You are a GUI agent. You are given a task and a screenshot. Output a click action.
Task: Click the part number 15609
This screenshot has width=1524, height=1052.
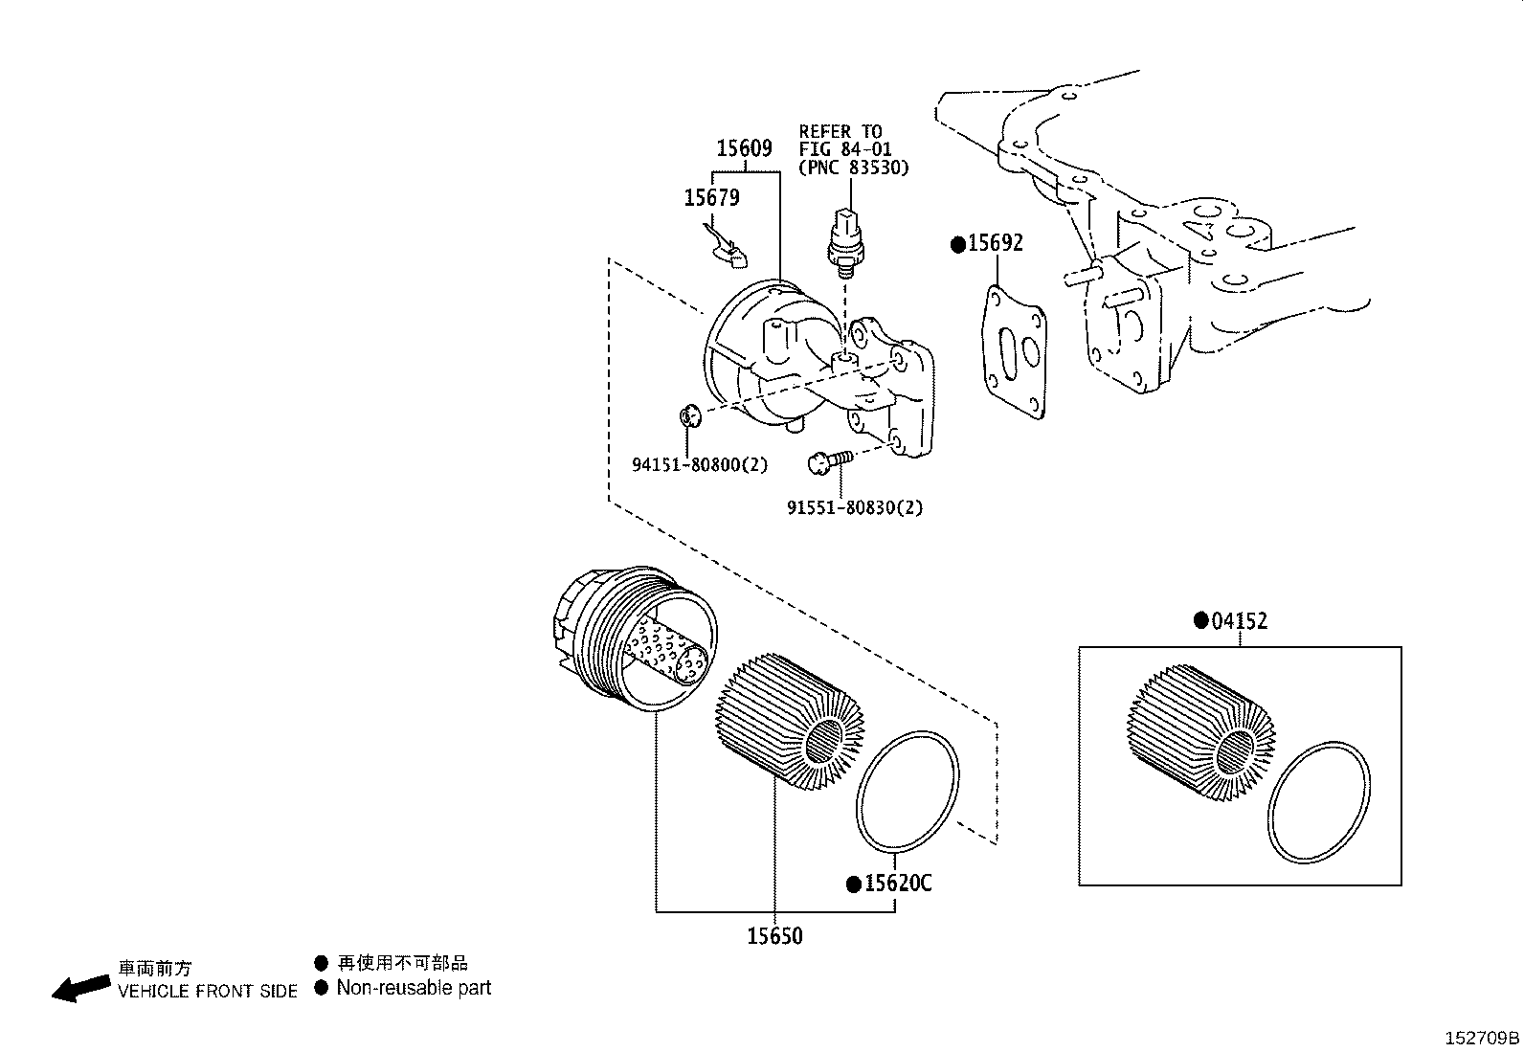point(745,148)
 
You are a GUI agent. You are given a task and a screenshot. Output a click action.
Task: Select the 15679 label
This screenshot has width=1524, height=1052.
point(711,197)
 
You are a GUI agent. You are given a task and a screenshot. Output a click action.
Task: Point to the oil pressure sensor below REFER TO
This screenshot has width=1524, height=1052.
point(842,239)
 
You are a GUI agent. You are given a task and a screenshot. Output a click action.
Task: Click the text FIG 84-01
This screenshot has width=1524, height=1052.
point(845,148)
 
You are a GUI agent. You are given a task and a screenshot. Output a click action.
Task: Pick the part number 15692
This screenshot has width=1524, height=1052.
point(995,243)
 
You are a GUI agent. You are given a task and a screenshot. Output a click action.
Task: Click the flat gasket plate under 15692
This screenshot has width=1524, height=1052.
point(1015,351)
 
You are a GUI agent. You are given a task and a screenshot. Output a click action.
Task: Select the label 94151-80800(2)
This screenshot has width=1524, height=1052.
point(700,465)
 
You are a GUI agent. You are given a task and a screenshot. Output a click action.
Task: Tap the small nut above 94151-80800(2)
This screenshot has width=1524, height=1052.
point(688,416)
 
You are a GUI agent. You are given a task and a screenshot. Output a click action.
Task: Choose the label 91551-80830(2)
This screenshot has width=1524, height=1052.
point(855,508)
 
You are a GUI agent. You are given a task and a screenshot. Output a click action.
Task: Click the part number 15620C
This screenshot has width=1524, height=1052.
point(897,883)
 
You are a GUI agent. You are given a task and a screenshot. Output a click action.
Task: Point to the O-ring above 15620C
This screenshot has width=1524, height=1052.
point(907,792)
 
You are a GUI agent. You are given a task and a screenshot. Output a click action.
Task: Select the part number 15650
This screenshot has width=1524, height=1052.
point(774,935)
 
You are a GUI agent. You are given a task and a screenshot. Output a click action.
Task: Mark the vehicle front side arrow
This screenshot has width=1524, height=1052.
point(79,987)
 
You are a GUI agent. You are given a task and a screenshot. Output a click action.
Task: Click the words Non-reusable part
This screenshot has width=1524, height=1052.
point(414,988)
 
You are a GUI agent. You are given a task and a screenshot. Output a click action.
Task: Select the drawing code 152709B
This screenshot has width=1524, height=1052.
point(1482,1038)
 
